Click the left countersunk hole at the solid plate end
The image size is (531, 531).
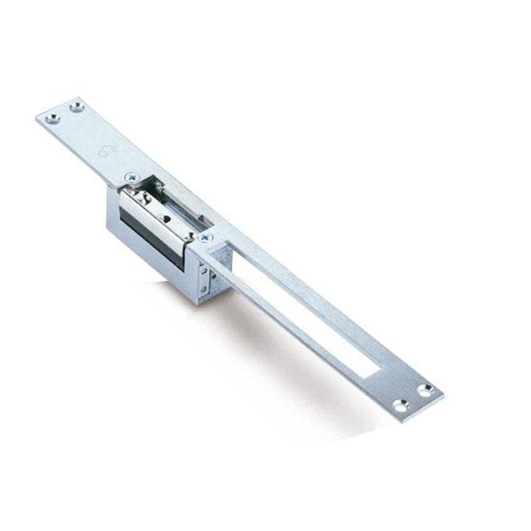pos(54,118)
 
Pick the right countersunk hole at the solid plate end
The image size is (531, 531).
pos(78,108)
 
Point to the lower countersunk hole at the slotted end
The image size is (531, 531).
pos(401,406)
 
